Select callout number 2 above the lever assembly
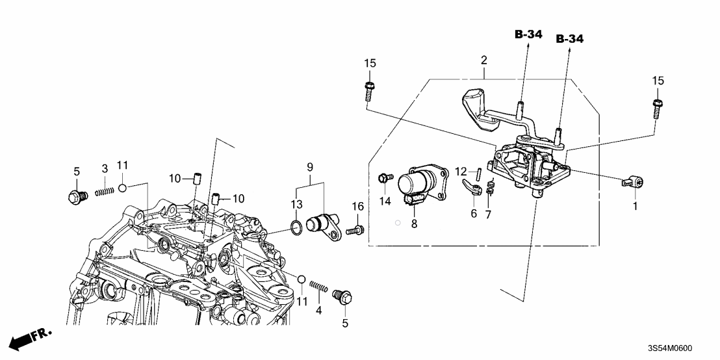[x=483, y=60]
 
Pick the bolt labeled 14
[x=384, y=177]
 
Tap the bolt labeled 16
[x=355, y=229]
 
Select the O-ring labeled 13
[x=295, y=227]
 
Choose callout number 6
[x=473, y=213]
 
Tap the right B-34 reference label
[x=569, y=40]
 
